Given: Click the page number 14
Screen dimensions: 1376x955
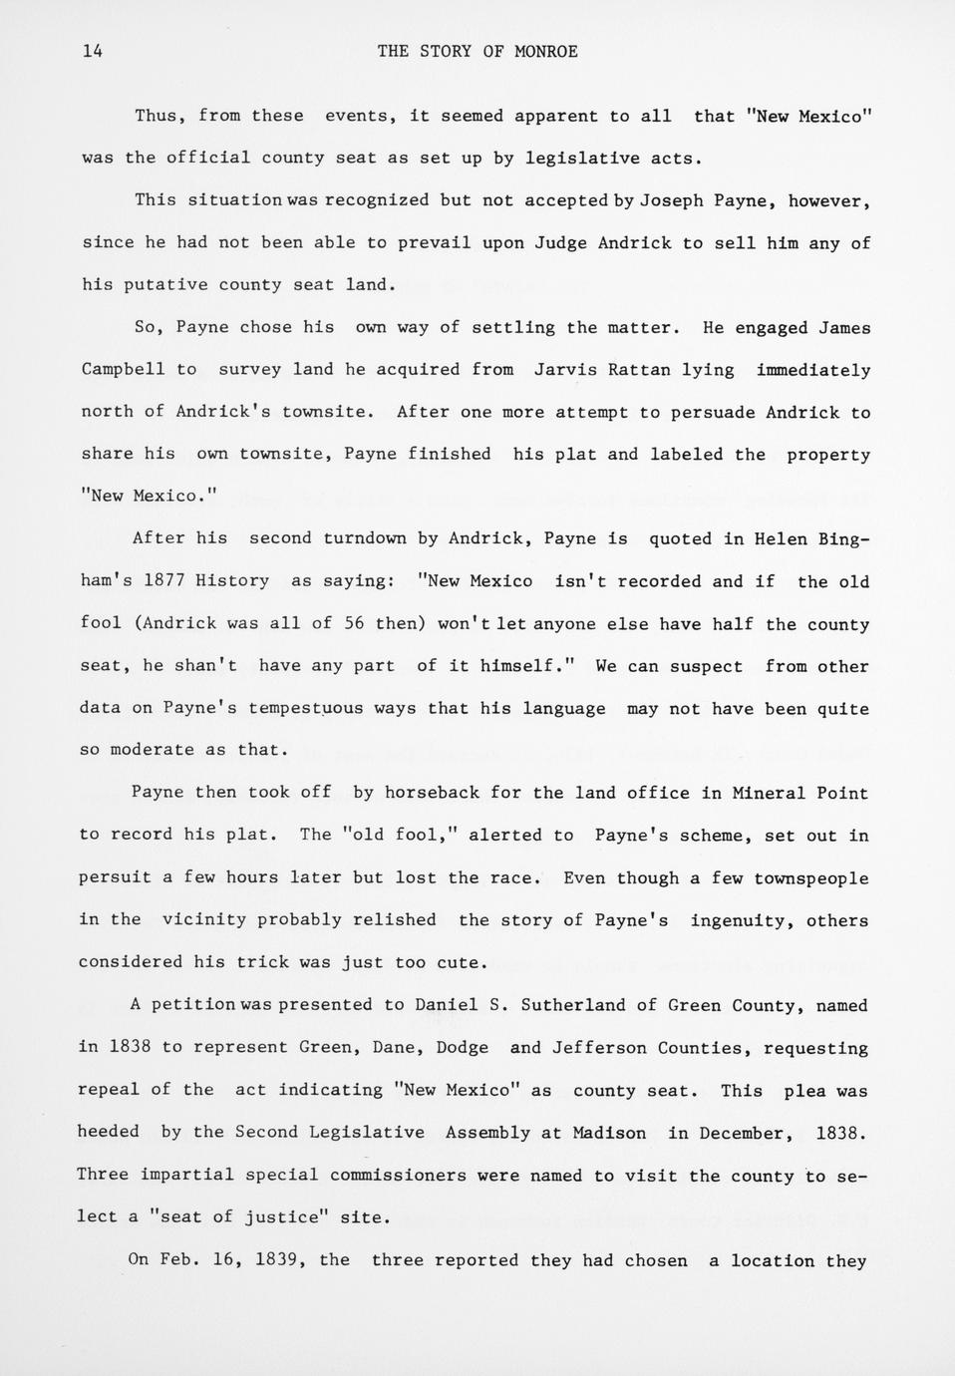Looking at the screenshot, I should tap(93, 52).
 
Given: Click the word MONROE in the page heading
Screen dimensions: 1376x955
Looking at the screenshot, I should tap(545, 52).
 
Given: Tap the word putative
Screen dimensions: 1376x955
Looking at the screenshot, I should tap(165, 285).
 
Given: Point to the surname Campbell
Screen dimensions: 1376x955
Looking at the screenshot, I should tap(124, 370).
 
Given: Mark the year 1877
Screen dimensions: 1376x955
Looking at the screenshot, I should tap(165, 581).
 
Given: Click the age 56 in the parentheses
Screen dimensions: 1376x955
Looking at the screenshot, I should tap(354, 624).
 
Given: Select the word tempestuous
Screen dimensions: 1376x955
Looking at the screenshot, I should tap(306, 709).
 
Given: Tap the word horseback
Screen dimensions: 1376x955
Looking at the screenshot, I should tap(432, 794).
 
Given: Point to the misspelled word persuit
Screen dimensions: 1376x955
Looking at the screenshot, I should tap(115, 878).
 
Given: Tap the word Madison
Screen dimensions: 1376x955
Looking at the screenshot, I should tap(609, 1133).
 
